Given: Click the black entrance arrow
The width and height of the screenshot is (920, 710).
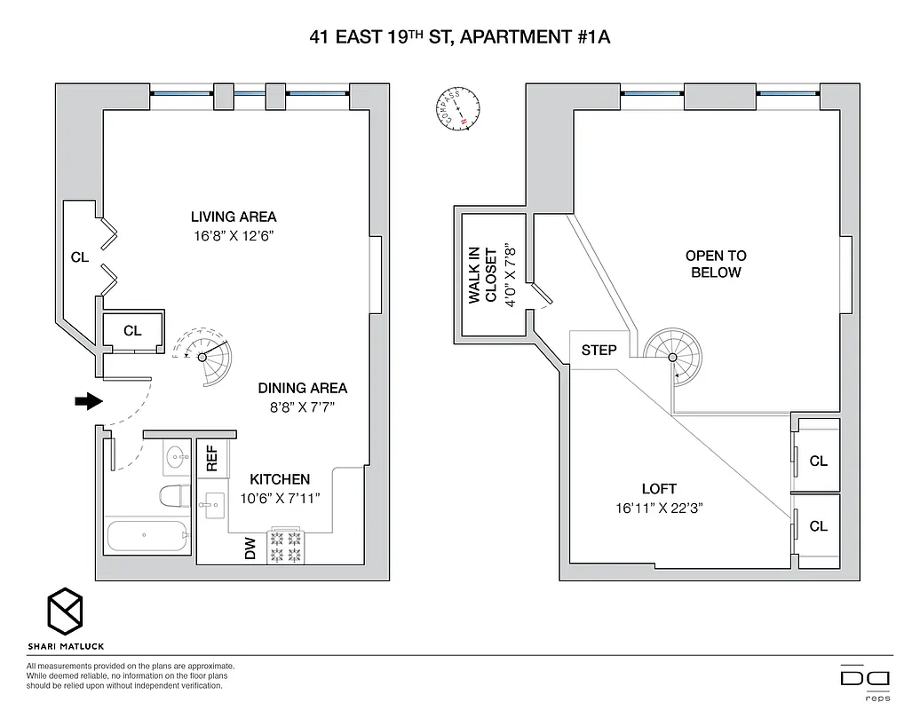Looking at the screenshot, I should tap(89, 401).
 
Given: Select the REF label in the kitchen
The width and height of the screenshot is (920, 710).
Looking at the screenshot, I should tap(212, 458).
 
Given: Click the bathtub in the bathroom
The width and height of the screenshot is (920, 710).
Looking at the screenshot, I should tap(147, 537).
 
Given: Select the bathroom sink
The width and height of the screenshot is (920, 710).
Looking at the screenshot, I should tap(176, 458).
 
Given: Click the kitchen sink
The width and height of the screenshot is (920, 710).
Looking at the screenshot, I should tap(213, 509).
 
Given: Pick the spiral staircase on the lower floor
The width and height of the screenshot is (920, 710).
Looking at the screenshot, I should tap(206, 357).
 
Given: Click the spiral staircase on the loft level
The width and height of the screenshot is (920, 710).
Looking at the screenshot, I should tap(671, 357).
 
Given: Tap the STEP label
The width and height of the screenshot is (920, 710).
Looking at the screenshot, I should tap(599, 350).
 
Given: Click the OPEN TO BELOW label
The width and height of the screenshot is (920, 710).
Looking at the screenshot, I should tap(716, 264).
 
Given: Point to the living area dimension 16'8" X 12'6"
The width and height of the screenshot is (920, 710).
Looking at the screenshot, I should tap(233, 235).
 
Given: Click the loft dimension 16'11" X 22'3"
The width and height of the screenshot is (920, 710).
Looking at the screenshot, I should tap(658, 509).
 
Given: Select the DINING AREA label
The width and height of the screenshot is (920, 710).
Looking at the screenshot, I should tap(302, 388).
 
